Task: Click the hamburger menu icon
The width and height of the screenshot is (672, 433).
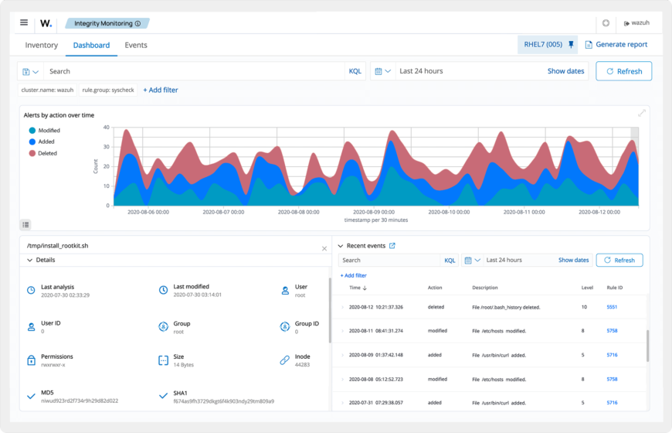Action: click(x=24, y=22)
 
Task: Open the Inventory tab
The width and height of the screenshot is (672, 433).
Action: click(x=42, y=45)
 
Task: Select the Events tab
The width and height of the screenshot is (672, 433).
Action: click(x=136, y=45)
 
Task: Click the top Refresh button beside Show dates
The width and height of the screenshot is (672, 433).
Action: click(x=623, y=71)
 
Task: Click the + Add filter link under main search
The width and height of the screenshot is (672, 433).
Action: click(x=161, y=90)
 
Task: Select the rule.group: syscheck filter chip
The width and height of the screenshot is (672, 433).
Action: click(x=108, y=90)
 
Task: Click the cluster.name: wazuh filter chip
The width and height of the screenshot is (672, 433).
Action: click(x=47, y=90)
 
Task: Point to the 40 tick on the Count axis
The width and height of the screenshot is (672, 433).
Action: click(x=106, y=128)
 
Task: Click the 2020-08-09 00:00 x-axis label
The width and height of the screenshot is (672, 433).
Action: click(x=375, y=211)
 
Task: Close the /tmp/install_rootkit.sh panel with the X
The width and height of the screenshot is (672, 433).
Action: click(x=324, y=248)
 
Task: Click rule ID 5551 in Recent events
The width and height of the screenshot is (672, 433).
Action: click(x=612, y=307)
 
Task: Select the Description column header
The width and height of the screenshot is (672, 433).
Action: click(x=485, y=288)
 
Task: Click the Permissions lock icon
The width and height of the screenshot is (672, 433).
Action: click(x=31, y=360)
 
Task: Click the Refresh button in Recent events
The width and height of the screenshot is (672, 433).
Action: click(x=619, y=261)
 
